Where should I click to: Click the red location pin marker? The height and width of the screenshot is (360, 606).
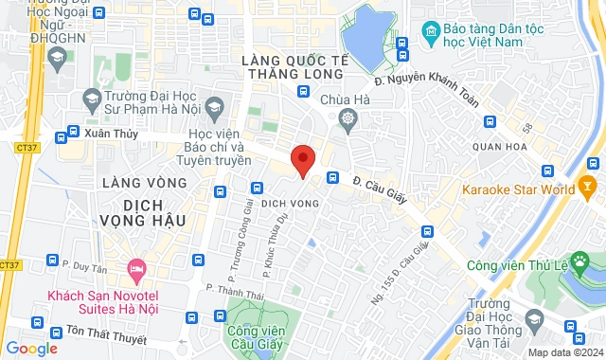pos(302,161)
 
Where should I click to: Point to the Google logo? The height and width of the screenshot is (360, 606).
pos(31,349)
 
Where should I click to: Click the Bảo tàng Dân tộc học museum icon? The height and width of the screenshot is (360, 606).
pos(432,34)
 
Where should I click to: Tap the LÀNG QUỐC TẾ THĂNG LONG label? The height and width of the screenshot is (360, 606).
pos(295,68)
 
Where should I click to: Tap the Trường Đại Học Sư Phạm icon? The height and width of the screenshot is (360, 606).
pos(93,97)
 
